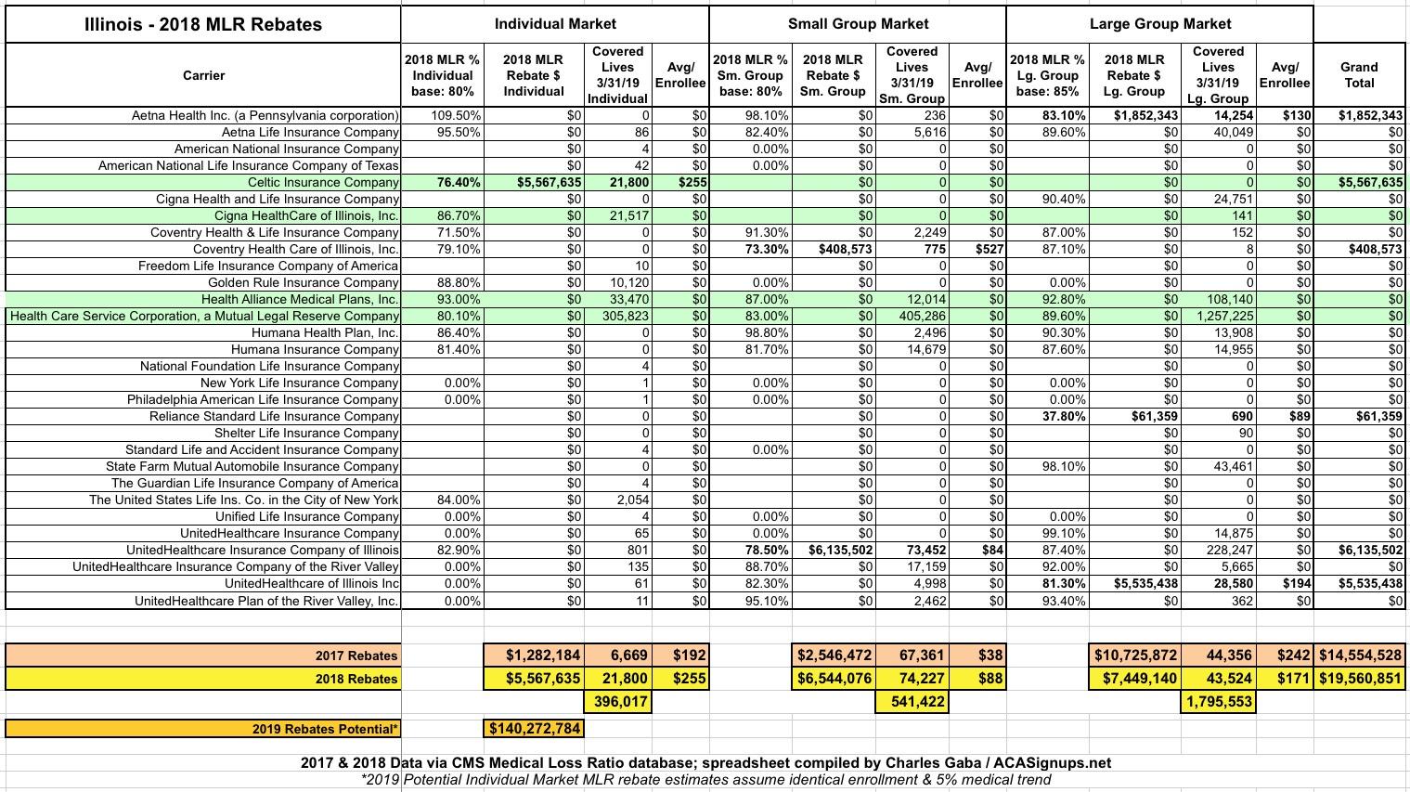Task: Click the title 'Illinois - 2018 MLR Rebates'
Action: [203, 24]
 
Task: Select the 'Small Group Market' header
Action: [858, 24]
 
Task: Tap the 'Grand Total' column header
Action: [1359, 74]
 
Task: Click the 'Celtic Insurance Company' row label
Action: [323, 183]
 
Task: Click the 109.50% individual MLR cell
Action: [456, 116]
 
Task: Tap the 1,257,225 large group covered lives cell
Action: [1218, 317]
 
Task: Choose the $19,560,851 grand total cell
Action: [1359, 679]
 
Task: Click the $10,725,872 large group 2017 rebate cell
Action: [1135, 656]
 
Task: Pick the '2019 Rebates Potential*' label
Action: [325, 729]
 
